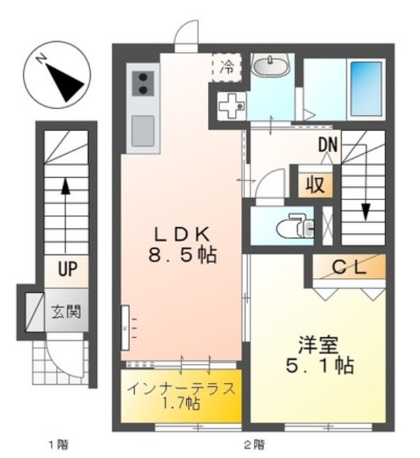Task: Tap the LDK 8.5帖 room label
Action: click(183, 243)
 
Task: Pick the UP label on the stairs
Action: click(67, 269)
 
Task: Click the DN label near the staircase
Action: click(329, 146)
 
